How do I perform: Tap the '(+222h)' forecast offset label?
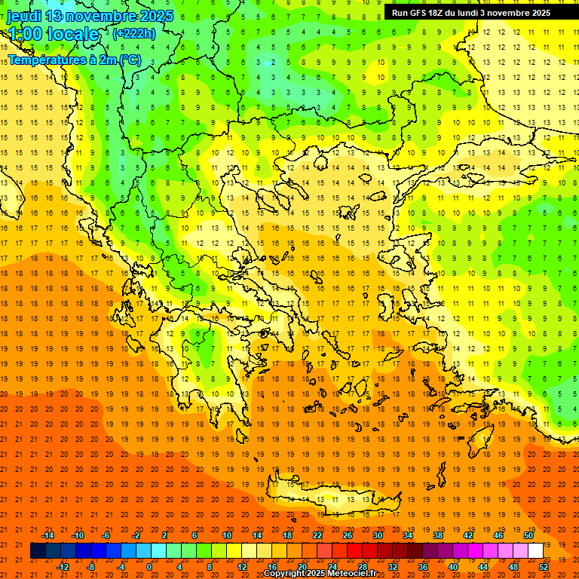click(133, 33)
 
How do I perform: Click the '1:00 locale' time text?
click(54, 34)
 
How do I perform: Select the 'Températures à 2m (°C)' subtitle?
click(74, 60)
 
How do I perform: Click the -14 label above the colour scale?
click(47, 535)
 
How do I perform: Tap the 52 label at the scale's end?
click(544, 567)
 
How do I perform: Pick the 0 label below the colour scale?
click(149, 567)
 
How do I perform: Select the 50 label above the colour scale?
click(528, 535)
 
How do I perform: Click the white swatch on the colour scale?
click(535, 551)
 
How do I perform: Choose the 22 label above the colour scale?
click(317, 535)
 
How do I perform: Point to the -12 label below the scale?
click(63, 567)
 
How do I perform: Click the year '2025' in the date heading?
click(156, 16)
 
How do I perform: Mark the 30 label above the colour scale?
click(378, 535)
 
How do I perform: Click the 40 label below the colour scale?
click(453, 567)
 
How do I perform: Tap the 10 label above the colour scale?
click(227, 535)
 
